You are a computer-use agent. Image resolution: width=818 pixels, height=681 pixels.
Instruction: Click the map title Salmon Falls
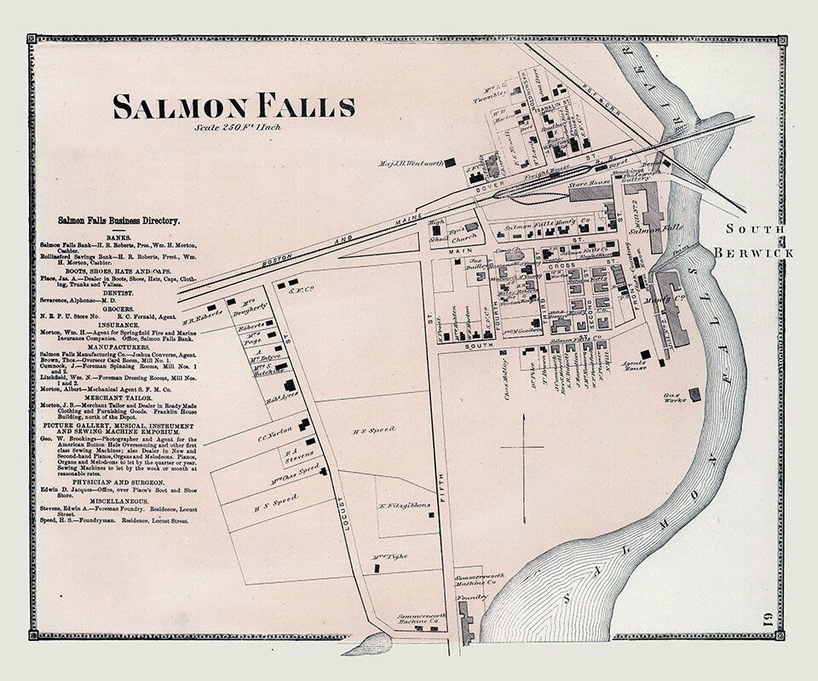coord(233,107)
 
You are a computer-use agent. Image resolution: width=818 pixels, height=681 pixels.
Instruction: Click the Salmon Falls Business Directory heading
coord(118,220)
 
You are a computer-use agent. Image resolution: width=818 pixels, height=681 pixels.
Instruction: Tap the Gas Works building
coord(694,394)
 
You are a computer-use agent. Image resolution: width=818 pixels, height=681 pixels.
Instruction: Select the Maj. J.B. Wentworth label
coord(412,163)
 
